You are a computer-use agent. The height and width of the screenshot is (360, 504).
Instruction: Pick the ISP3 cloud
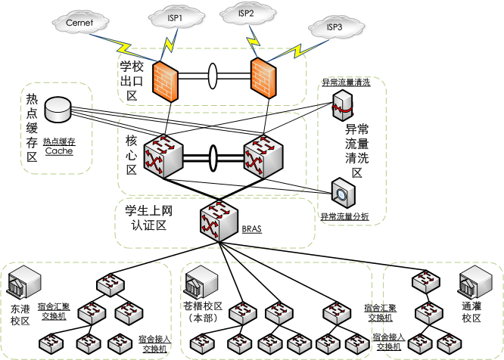pyautogui.click(x=334, y=28)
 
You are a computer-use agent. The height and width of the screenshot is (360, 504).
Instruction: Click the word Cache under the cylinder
pyautogui.click(x=59, y=151)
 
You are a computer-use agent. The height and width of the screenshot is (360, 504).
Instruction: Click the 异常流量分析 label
pyautogui.click(x=344, y=217)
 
